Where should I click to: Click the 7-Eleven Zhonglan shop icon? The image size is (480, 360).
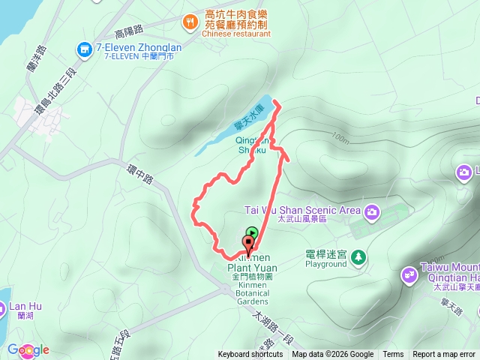[x=85, y=49]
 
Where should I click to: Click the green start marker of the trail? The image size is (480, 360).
[x=253, y=232]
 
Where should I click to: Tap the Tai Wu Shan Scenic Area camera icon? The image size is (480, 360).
[x=371, y=212]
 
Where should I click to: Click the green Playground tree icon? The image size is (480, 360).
[x=358, y=256]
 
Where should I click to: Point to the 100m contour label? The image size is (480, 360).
[x=339, y=139]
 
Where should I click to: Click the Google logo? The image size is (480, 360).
[x=28, y=349]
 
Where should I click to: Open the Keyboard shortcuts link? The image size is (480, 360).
[x=250, y=355]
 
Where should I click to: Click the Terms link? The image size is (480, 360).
[x=393, y=355]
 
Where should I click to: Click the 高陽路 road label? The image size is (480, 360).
[x=129, y=33]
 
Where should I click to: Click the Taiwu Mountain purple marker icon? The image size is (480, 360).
[x=409, y=274]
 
